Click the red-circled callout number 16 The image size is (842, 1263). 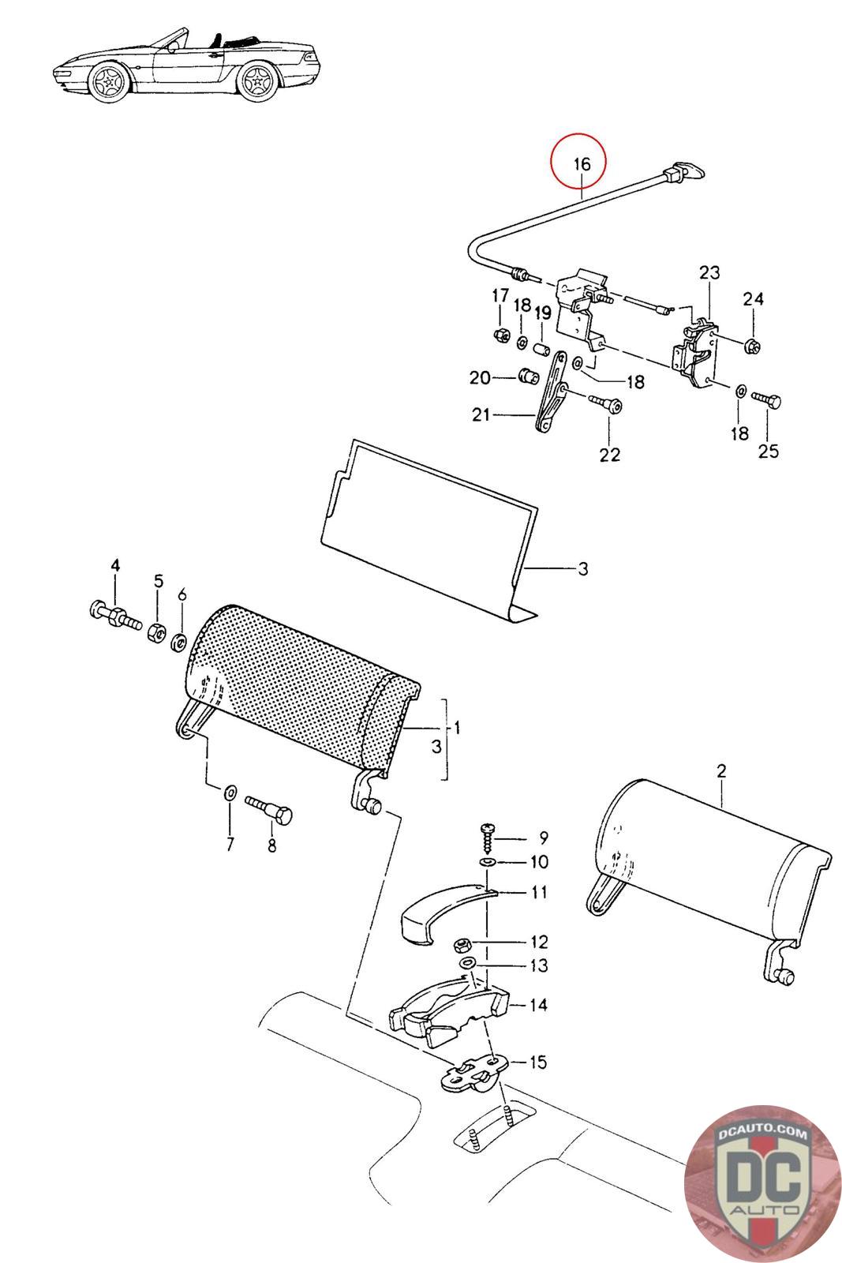[x=582, y=164]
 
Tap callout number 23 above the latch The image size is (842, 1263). [x=709, y=273]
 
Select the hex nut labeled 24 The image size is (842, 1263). [x=752, y=344]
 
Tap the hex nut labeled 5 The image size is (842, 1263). [x=156, y=632]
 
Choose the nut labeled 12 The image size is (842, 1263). [x=462, y=944]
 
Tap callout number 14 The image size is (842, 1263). [x=539, y=1004]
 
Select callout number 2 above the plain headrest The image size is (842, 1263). [x=721, y=770]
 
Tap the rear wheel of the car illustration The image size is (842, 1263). [x=259, y=81]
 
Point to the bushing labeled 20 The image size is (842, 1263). [x=526, y=375]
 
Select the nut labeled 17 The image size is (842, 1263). [x=500, y=335]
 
